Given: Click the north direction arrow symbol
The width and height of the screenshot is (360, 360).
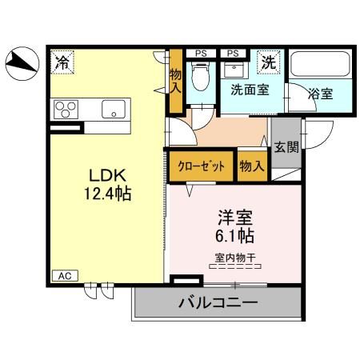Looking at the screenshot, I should [21, 63].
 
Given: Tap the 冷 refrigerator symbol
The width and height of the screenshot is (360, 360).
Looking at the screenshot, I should [62, 60].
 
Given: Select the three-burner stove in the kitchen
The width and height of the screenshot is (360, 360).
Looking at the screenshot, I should [66, 108].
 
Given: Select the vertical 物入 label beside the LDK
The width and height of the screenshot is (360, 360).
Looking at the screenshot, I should [177, 81].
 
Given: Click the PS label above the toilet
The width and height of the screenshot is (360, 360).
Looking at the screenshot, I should [200, 53].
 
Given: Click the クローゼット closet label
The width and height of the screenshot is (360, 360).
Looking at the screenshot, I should [201, 166].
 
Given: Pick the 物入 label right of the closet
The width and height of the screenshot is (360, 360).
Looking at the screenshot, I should [252, 166].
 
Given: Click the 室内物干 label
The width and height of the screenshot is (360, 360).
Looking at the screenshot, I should [234, 258].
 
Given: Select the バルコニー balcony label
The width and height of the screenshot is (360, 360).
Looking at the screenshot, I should [217, 303].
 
